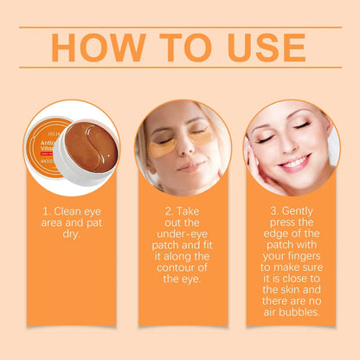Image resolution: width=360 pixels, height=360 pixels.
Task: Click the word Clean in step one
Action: [70, 210]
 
